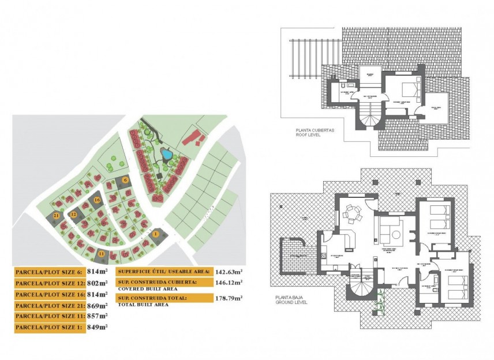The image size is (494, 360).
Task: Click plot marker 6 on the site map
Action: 126,180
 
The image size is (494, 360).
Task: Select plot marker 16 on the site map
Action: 98,200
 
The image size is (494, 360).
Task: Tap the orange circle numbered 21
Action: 56,215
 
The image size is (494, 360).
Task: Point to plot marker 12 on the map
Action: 73,214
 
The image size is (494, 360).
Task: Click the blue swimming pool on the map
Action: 166,155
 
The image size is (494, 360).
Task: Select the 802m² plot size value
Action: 97,283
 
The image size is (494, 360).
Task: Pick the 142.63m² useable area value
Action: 229,271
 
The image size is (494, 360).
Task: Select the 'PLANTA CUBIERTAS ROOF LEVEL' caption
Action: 315,133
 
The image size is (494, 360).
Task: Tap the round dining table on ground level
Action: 351,216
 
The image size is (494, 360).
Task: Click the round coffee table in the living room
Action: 398,232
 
